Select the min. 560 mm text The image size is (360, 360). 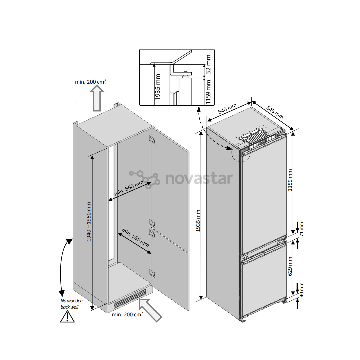[x=129, y=188]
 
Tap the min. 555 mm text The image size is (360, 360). [x=135, y=237]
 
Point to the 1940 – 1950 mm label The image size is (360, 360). [x=89, y=222]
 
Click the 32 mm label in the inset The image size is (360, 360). [x=209, y=66]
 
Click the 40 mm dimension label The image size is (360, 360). [x=302, y=290]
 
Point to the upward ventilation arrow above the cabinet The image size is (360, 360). [x=97, y=97]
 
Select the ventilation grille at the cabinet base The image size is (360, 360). [x=130, y=298]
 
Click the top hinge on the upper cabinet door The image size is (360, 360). [x=152, y=140]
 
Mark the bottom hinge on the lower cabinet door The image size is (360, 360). [x=152, y=273]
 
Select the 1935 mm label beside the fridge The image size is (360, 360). [x=198, y=221]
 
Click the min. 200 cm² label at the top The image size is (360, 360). [x=91, y=81]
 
